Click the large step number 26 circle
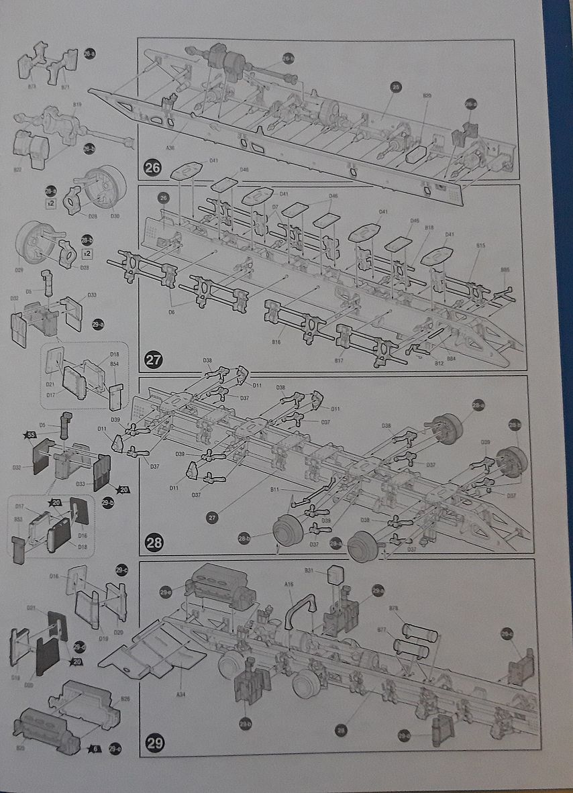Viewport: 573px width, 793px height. point(153,168)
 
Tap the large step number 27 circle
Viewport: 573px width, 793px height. point(154,360)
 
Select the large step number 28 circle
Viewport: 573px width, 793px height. point(154,542)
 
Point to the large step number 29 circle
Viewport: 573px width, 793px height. point(154,743)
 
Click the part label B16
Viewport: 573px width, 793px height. point(276,342)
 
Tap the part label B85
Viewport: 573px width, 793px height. point(505,270)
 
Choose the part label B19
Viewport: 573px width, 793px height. point(77,105)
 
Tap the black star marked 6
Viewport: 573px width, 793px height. point(96,748)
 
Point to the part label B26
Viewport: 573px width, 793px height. point(125,699)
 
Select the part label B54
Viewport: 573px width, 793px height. point(114,364)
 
